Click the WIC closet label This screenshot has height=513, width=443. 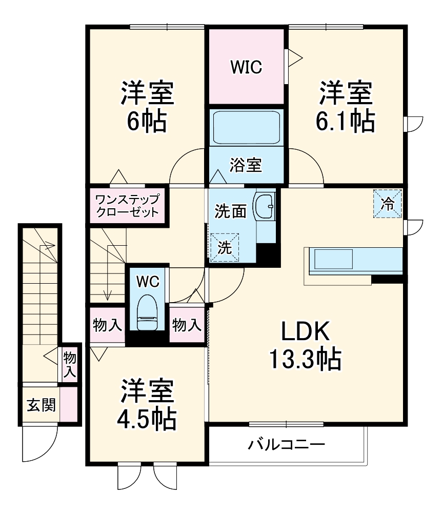tap(246, 67)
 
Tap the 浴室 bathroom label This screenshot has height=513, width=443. tap(246, 165)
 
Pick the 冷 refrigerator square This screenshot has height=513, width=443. tap(388, 204)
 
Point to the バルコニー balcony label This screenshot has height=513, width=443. tap(287, 444)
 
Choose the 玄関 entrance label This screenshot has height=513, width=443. tap(41, 405)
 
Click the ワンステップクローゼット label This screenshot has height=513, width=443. tap(127, 205)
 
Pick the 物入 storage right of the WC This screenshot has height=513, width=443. tap(187, 324)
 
